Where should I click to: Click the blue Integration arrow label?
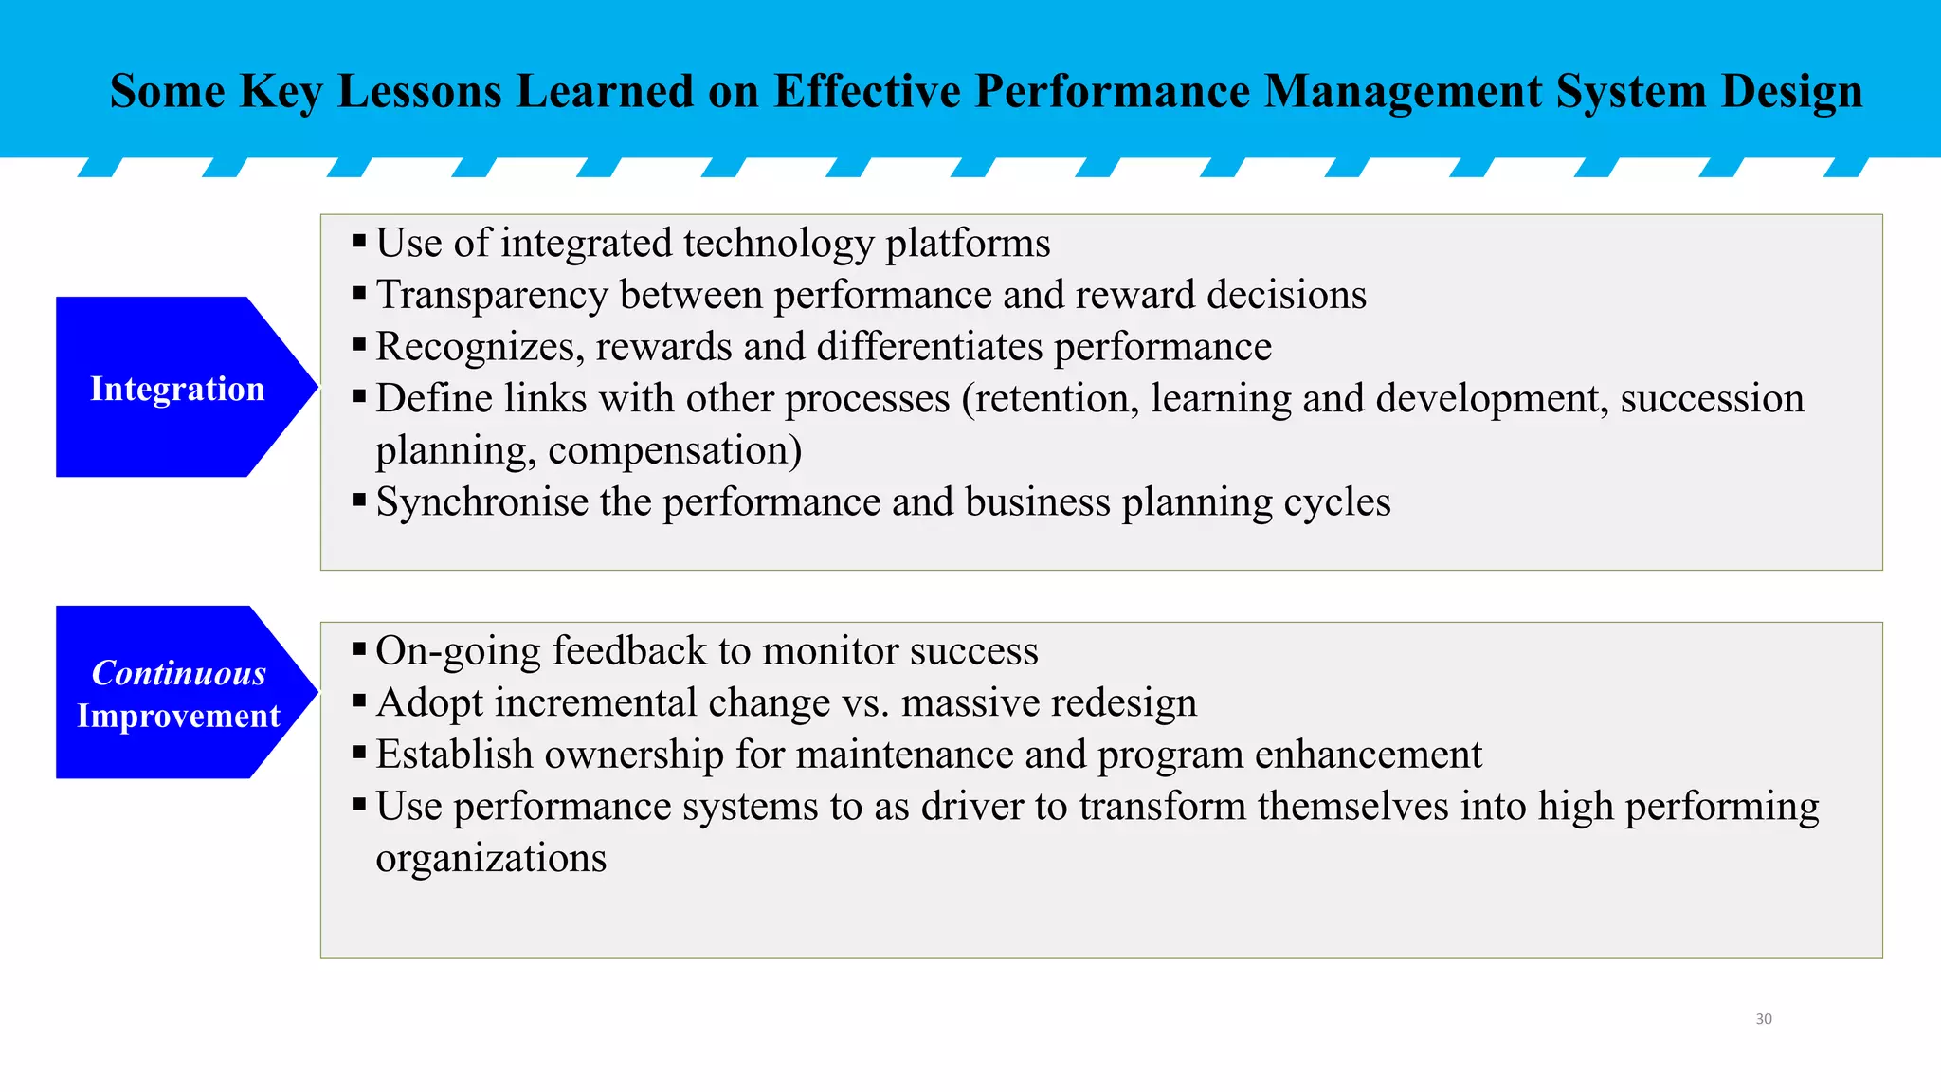pos(177,389)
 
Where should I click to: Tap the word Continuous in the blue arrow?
pos(178,673)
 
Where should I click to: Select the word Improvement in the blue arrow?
pos(178,716)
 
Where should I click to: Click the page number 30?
pos(1763,1019)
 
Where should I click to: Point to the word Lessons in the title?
pos(419,92)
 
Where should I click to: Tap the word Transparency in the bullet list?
pos(491,296)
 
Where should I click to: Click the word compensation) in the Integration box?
pos(675,451)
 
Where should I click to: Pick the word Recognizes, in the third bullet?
pos(480,348)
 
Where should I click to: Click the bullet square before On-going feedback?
pos(359,650)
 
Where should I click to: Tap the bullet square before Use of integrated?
pos(359,242)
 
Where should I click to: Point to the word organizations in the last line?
pos(491,859)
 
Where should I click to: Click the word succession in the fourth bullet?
pos(1712,399)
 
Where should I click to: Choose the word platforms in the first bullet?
pos(968,244)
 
